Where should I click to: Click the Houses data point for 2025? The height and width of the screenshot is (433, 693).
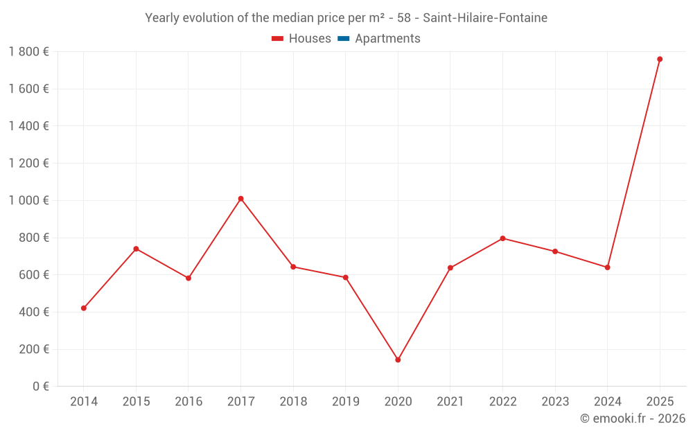click(660, 59)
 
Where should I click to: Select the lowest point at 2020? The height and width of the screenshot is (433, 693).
click(398, 360)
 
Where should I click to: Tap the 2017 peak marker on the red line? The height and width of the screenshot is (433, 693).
click(240, 199)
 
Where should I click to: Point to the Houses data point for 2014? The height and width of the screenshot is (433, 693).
click(84, 308)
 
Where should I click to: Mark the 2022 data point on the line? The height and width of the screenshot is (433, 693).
click(502, 238)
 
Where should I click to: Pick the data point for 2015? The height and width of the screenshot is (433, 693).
click(136, 249)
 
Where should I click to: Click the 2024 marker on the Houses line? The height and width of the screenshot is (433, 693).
click(607, 267)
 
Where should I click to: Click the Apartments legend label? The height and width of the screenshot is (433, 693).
click(387, 39)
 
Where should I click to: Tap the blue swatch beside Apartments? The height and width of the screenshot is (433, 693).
click(343, 39)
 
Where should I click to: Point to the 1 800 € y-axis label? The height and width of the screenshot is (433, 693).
click(28, 51)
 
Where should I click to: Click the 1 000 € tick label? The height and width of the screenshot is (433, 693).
click(28, 200)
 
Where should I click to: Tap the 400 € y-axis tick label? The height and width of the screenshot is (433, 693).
click(33, 312)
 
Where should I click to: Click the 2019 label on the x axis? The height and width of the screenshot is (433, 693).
click(346, 402)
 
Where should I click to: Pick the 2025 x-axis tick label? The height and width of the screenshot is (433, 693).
click(660, 402)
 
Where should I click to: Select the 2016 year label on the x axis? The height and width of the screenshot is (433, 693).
click(188, 402)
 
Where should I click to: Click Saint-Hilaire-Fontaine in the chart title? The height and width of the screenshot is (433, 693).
click(485, 18)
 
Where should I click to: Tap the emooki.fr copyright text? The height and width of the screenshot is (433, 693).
click(633, 418)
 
